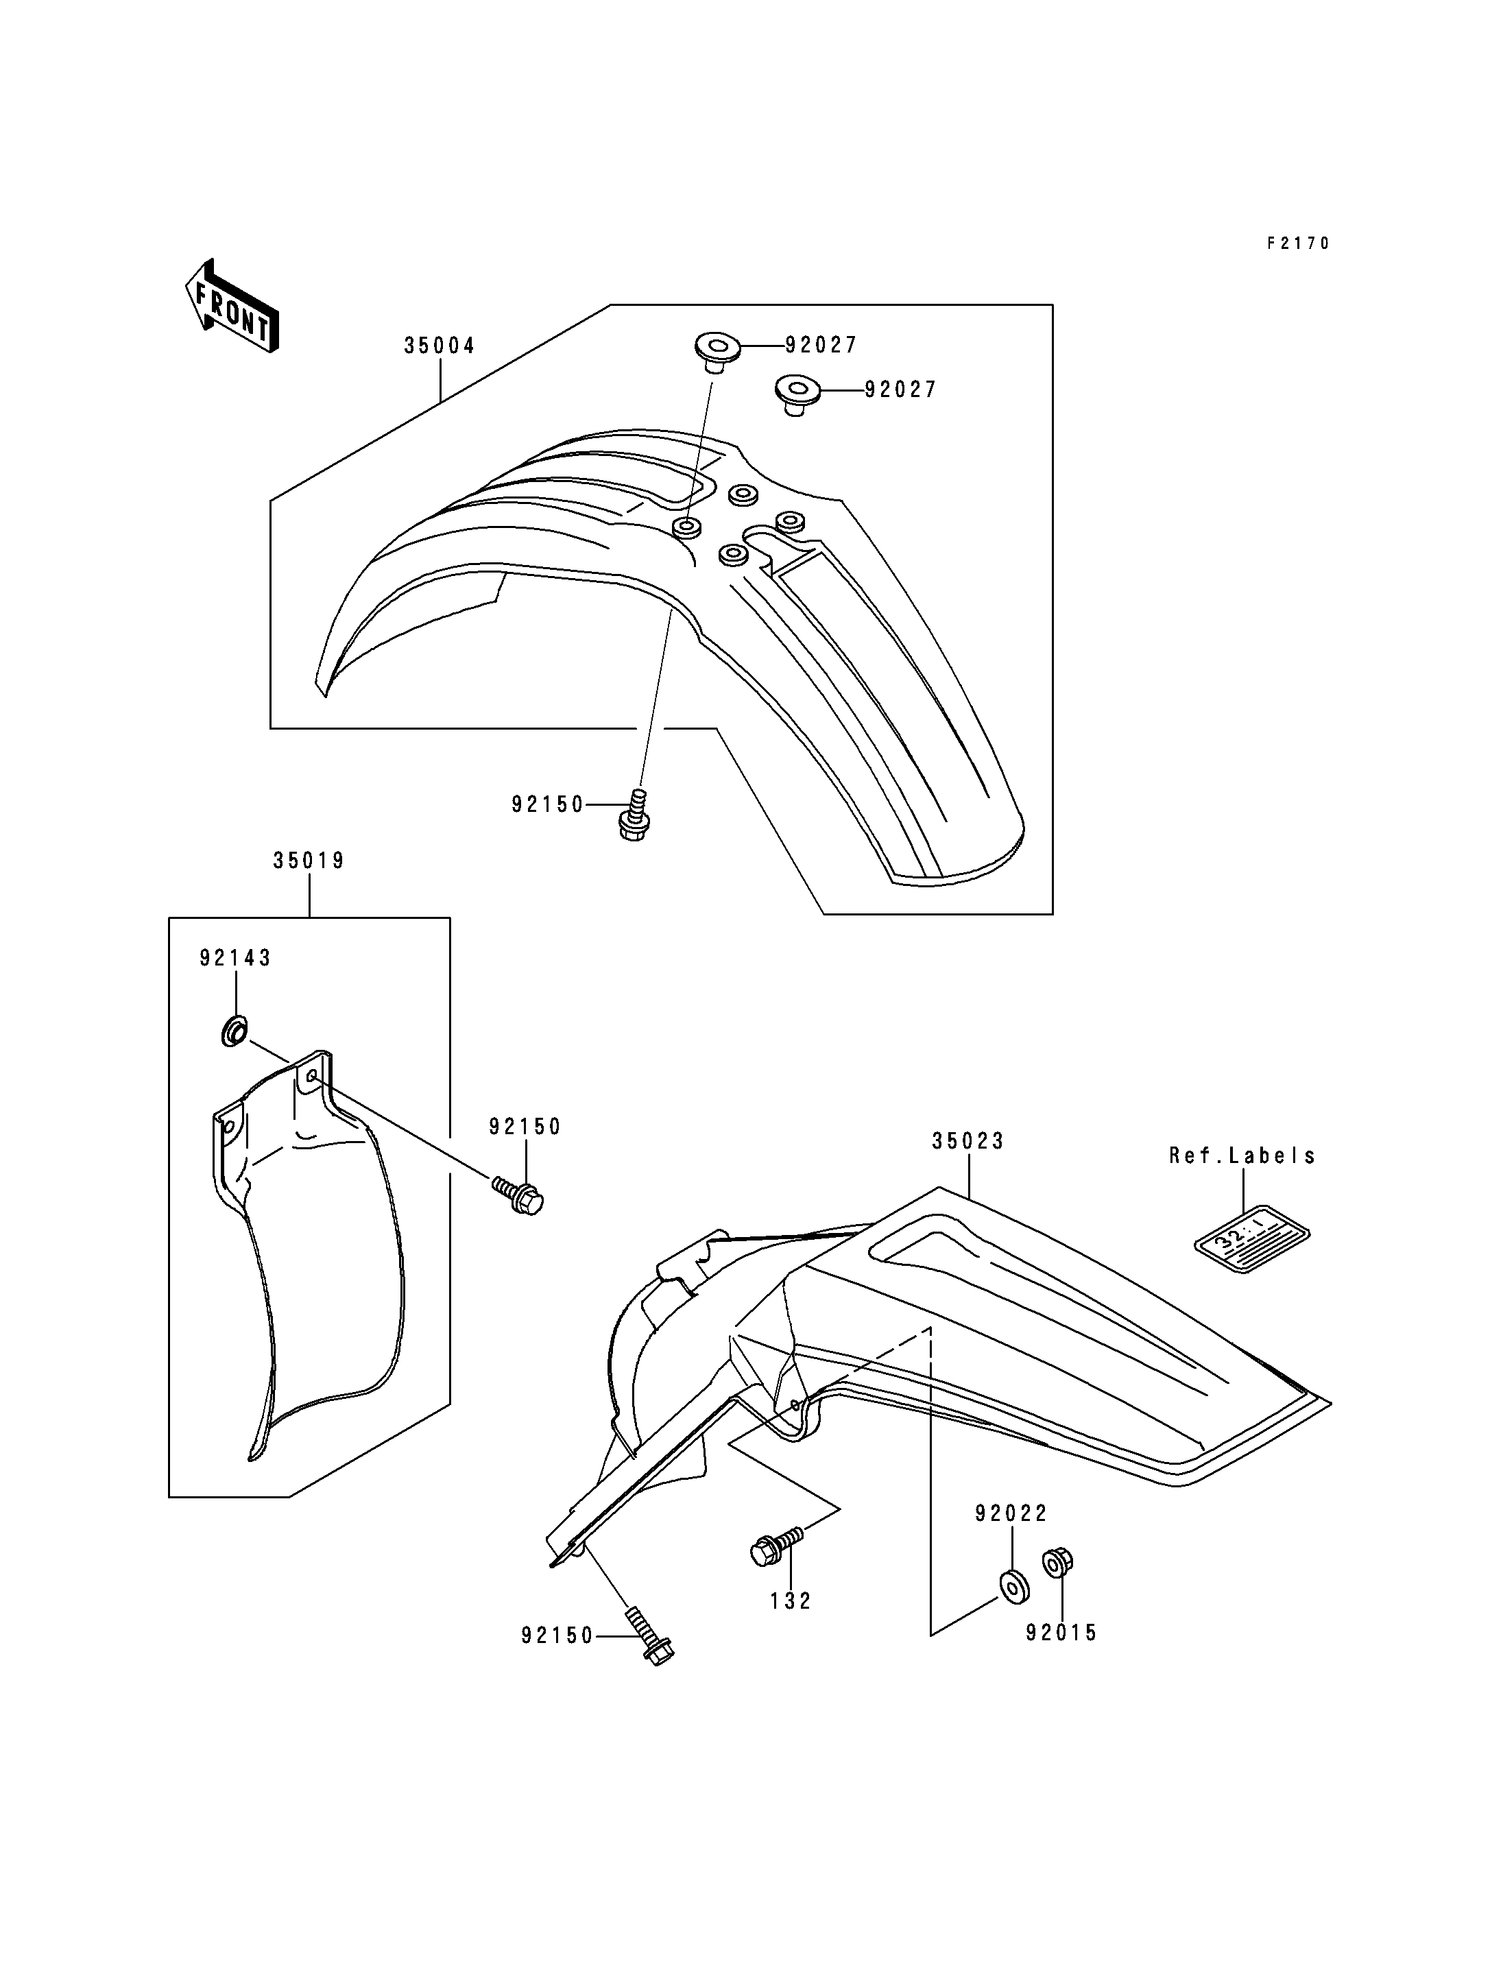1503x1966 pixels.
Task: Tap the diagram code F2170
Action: click(x=1297, y=243)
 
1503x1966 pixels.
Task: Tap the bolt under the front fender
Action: click(x=634, y=815)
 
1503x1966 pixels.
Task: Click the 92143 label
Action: click(x=235, y=959)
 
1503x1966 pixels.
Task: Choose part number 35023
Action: click(x=968, y=1141)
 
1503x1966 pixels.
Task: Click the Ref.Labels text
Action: click(x=1242, y=1155)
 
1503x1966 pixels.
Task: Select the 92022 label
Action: click(x=1011, y=1513)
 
